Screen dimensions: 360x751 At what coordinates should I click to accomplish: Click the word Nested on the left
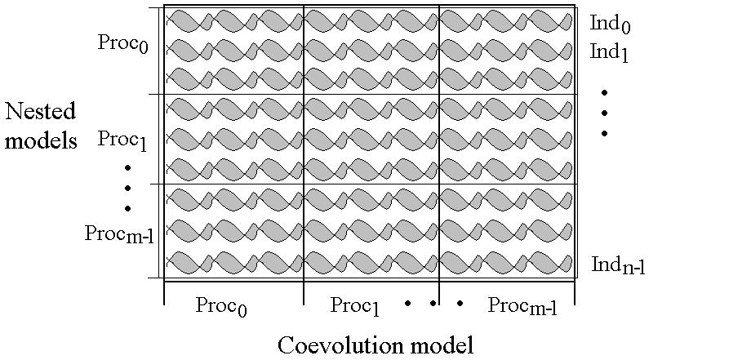point(40,112)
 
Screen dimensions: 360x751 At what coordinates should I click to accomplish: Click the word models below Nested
point(40,140)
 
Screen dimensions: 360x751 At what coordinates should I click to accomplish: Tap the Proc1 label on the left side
point(122,140)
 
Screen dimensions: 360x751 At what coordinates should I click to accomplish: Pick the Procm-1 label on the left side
point(119,234)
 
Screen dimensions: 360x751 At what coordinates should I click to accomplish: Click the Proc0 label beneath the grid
point(221,307)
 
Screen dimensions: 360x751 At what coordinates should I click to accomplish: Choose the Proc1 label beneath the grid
point(355,307)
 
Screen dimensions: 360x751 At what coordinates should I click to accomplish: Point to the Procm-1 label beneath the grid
point(522,307)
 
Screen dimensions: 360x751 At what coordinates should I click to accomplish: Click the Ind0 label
point(610,24)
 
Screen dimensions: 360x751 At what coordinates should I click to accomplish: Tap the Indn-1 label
point(619,265)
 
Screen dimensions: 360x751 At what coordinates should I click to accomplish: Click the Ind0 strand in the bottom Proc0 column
point(234,20)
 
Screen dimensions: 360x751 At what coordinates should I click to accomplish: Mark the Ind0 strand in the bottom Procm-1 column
point(506,20)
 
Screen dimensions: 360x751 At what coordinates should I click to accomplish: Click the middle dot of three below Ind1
point(605,113)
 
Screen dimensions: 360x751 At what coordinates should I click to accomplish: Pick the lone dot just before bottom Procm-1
point(460,304)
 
